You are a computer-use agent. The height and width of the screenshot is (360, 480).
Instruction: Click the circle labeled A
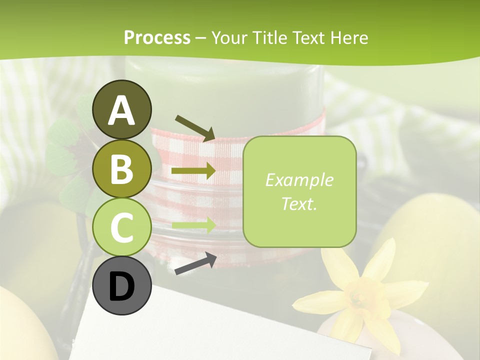(x=122, y=109)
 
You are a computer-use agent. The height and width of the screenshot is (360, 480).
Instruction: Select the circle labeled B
(x=122, y=168)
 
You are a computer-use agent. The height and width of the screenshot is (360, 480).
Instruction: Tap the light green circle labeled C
(x=122, y=227)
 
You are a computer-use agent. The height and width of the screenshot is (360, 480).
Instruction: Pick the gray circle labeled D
(x=122, y=286)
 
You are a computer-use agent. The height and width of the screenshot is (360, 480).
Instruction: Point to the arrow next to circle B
(x=193, y=171)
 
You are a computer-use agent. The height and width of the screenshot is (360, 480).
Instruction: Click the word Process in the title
(x=157, y=37)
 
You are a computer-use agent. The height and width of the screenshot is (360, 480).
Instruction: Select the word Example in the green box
(x=299, y=180)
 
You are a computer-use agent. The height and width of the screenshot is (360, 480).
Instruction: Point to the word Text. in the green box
(x=299, y=203)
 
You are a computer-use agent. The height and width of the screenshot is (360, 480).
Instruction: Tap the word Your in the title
(x=229, y=37)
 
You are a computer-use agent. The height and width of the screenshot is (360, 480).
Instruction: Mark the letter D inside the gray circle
(x=122, y=287)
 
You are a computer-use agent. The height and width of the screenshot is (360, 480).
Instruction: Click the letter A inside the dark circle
(x=122, y=110)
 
